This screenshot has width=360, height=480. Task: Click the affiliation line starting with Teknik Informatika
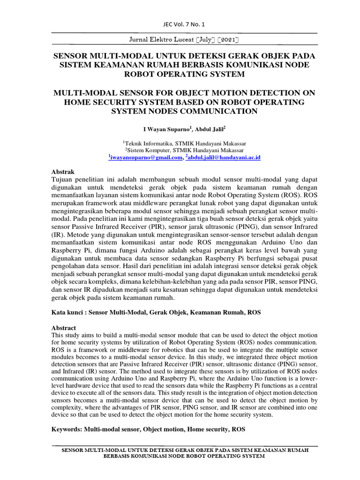[x=184, y=143]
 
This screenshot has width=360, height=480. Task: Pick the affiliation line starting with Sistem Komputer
[x=184, y=150]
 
